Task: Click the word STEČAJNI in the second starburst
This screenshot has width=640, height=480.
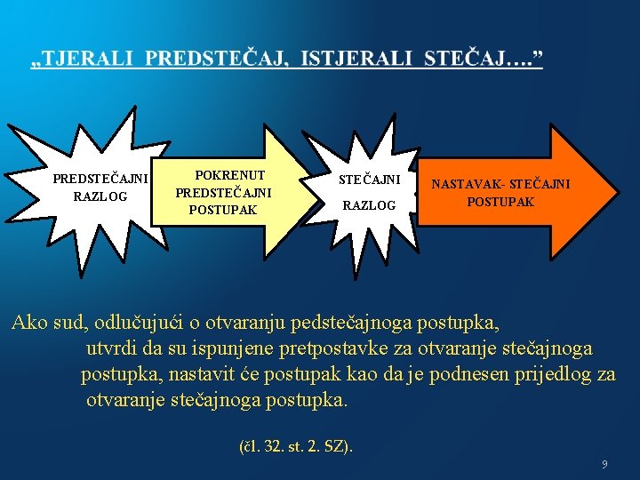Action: (370, 180)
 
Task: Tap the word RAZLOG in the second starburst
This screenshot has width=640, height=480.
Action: (370, 205)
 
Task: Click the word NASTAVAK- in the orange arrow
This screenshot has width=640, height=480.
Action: (465, 185)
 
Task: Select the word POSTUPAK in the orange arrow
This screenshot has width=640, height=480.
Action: (501, 202)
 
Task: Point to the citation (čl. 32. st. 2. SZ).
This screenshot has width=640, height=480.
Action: (296, 444)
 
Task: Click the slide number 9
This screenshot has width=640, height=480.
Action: (604, 464)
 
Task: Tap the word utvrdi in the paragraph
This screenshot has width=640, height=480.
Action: (113, 348)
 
